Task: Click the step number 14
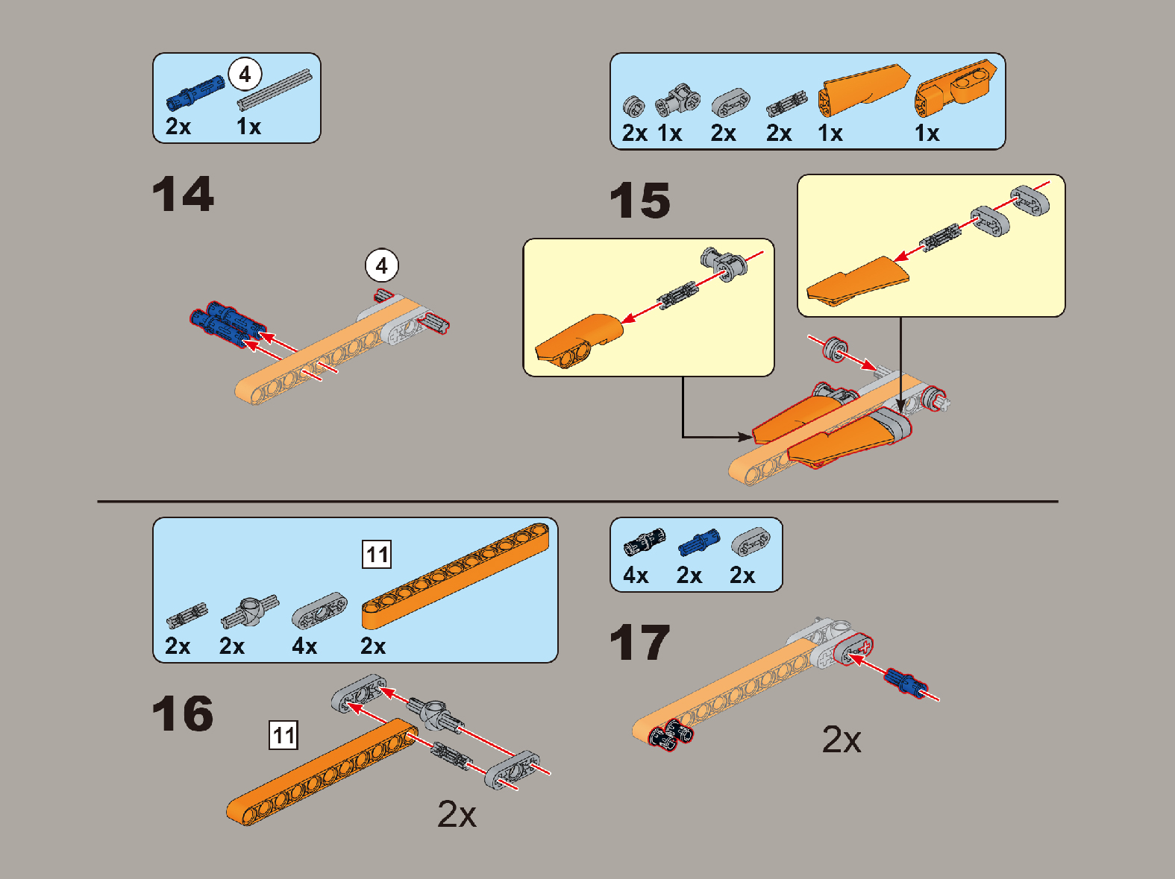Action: click(x=183, y=194)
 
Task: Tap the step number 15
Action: click(x=639, y=200)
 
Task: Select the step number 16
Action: click(x=183, y=713)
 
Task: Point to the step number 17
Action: click(x=639, y=642)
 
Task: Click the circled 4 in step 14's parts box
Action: click(x=245, y=75)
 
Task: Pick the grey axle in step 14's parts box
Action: click(x=275, y=89)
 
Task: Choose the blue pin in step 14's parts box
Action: click(x=195, y=93)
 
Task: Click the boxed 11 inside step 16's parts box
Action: click(x=377, y=554)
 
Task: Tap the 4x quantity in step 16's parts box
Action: click(x=304, y=646)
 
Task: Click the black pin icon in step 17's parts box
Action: click(x=645, y=541)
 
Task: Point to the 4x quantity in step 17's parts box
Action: click(x=636, y=576)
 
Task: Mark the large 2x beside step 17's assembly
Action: click(x=842, y=740)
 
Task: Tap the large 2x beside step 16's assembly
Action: click(x=457, y=813)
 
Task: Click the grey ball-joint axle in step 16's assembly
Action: click(x=436, y=715)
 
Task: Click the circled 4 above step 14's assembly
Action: click(x=382, y=265)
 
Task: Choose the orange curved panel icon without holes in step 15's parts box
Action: click(x=863, y=90)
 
